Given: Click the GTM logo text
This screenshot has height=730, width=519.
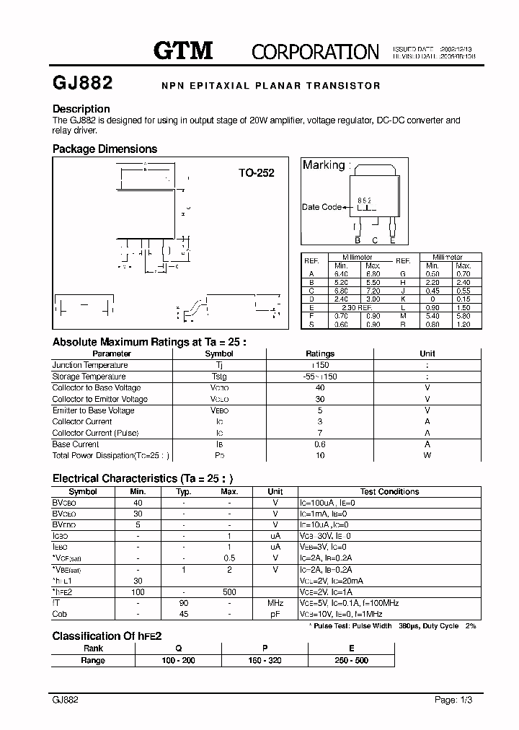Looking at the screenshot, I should click(184, 50).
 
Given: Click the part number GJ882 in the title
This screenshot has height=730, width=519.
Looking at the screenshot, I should click(82, 83).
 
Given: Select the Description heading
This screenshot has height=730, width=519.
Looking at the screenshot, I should click(81, 109).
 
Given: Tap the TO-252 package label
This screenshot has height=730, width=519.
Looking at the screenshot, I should click(257, 173).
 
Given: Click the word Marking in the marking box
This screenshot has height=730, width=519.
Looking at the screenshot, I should click(323, 165).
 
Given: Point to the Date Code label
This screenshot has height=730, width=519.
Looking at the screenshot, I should click(321, 207).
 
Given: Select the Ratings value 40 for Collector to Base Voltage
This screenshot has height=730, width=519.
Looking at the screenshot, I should click(320, 387).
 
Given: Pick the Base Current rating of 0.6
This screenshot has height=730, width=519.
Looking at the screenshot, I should click(320, 444).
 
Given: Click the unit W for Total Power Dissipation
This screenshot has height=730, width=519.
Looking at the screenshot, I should click(427, 455).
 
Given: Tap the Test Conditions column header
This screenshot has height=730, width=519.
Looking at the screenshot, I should click(389, 491).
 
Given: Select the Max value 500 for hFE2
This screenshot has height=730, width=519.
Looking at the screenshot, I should click(229, 592).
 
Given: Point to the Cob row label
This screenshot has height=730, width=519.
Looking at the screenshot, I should click(60, 614).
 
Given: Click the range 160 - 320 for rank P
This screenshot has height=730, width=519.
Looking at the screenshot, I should click(265, 660).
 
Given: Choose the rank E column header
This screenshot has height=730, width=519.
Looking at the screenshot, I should click(351, 648).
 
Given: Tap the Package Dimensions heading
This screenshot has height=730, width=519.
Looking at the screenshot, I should click(105, 149).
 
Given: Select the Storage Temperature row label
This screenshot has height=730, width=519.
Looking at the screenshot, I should click(89, 377).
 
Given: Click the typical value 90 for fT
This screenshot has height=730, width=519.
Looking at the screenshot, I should click(184, 602).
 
